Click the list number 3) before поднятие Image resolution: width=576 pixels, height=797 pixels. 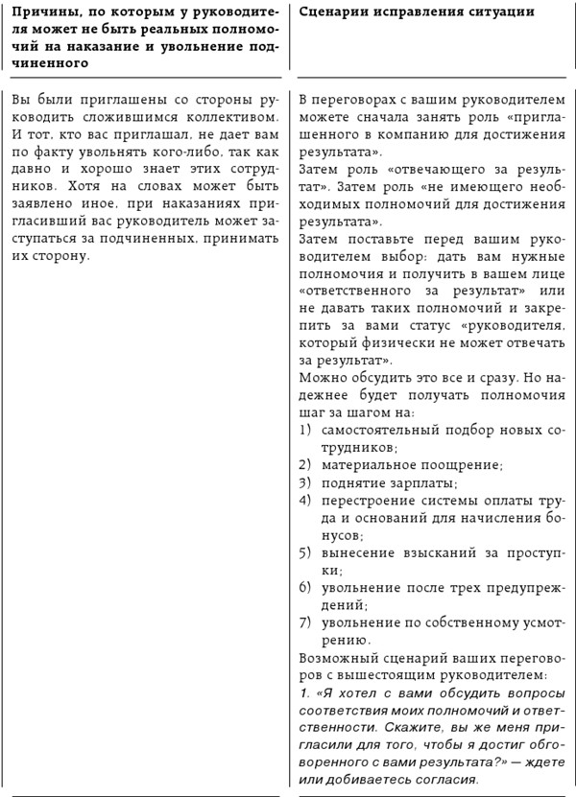pyautogui.click(x=306, y=481)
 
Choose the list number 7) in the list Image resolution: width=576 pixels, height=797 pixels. pyautogui.click(x=306, y=622)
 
